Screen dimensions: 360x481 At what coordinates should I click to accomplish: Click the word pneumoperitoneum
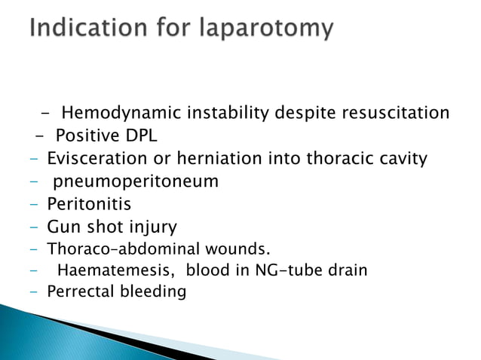[x=136, y=182]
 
